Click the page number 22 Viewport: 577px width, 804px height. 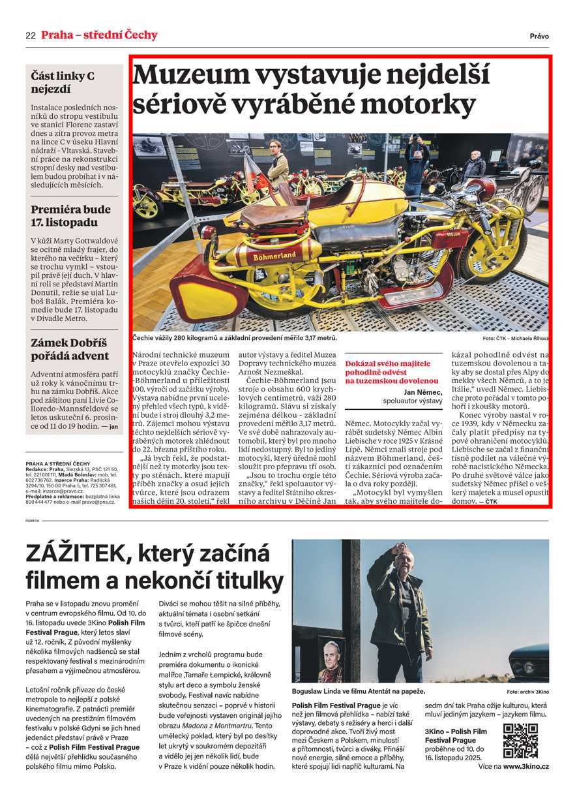coord(30,36)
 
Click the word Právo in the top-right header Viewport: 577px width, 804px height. coord(539,37)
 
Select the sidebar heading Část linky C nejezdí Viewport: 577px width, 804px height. coord(63,83)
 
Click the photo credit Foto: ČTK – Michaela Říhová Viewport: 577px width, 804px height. coord(516,339)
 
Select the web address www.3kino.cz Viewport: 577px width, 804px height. coord(525,766)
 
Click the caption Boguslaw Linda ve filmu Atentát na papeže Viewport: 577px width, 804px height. coord(359,691)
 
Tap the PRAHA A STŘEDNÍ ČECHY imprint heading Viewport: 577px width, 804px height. coord(57,463)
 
